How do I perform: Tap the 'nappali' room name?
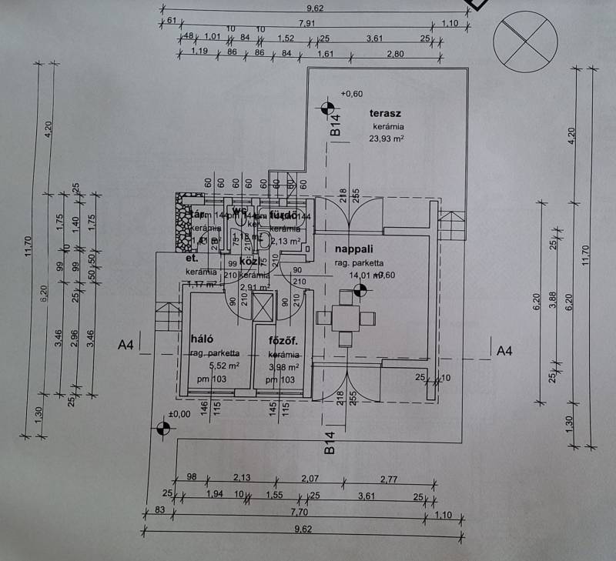pos(355,249)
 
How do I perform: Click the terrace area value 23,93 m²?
pos(387,139)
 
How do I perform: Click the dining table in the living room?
pos(345,317)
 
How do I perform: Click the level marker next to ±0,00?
pos(162,429)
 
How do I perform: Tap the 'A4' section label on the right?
pos(504,351)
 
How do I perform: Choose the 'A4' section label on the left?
pos(126,346)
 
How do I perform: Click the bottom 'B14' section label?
pos(329,444)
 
